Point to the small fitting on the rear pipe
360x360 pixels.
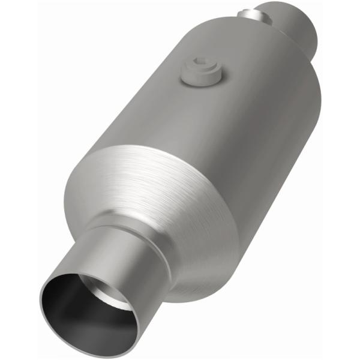coord(247,11)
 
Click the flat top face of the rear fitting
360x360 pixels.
coord(247,10)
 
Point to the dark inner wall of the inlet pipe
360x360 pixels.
coord(66,300)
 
